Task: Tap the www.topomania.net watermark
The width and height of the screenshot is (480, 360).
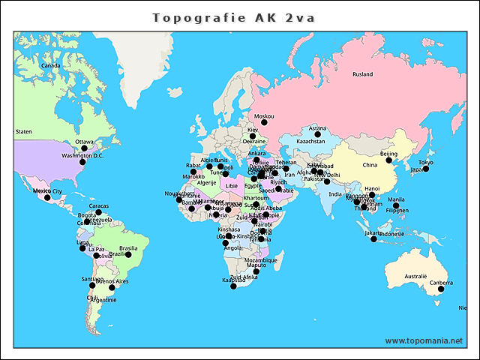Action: point(424,340)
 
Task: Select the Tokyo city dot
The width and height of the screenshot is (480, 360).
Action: point(426,169)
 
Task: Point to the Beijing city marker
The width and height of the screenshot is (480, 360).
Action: point(389,160)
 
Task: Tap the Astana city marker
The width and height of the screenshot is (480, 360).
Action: point(317,134)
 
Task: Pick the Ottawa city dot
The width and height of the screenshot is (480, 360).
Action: point(84,148)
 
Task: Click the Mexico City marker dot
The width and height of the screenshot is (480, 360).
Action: point(46,197)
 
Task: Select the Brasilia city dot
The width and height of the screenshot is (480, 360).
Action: point(128,254)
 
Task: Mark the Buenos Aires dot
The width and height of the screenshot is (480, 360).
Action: point(112,287)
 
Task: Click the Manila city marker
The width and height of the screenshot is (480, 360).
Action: point(396,205)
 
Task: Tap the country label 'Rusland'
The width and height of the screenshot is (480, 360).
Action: point(362,74)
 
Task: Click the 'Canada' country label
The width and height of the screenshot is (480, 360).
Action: point(50,66)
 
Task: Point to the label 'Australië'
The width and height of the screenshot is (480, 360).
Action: point(415,277)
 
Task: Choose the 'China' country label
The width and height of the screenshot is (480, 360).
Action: point(370,165)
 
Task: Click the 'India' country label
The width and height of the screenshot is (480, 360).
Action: point(335,194)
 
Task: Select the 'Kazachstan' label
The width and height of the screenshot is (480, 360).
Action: point(310,141)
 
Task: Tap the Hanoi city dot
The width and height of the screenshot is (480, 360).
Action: point(372,195)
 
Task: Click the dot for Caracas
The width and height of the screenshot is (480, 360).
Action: point(98,212)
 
